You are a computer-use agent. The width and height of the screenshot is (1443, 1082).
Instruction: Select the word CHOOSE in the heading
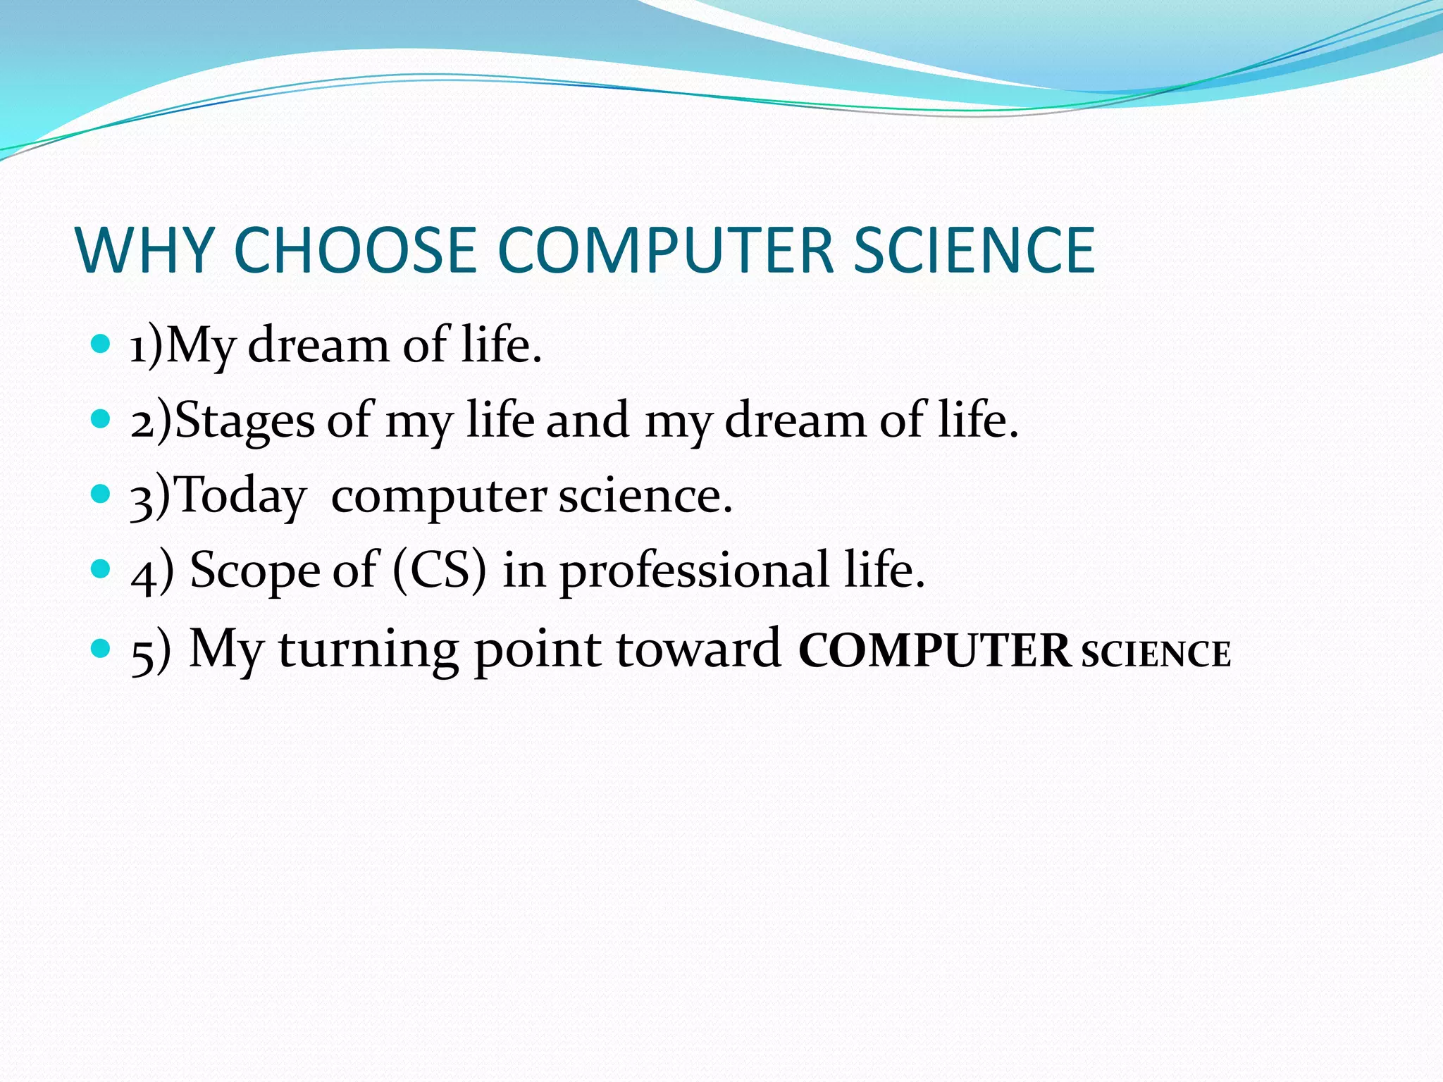point(355,250)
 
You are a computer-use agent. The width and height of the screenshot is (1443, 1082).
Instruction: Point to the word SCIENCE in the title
point(974,250)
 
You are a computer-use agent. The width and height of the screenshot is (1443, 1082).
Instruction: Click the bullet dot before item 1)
point(101,344)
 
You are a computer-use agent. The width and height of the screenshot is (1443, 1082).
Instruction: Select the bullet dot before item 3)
point(101,494)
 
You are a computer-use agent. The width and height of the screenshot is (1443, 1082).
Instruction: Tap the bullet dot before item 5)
point(101,647)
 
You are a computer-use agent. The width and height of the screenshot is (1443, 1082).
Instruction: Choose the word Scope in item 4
point(255,571)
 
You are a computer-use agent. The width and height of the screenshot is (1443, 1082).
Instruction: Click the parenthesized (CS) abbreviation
point(439,571)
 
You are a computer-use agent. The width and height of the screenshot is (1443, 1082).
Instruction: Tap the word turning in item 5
point(368,649)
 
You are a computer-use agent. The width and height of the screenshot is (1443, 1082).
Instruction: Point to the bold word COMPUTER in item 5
point(934,651)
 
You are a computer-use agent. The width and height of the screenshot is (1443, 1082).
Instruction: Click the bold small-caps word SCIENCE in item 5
point(1156,654)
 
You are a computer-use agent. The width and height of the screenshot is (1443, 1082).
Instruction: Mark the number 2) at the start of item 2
point(151,421)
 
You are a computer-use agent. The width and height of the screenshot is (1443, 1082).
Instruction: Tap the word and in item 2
point(588,420)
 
